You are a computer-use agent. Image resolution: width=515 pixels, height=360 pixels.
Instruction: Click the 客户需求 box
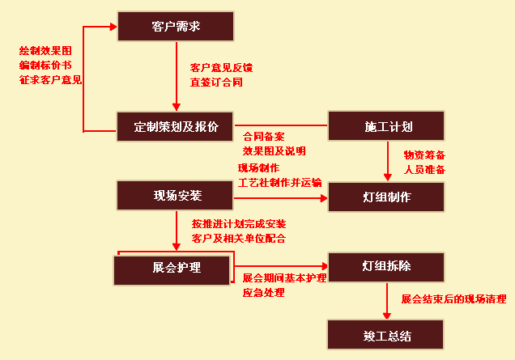click(176, 26)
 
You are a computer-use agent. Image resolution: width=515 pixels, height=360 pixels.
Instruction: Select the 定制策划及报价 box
click(175, 127)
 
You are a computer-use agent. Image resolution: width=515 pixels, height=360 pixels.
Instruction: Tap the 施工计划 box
click(386, 126)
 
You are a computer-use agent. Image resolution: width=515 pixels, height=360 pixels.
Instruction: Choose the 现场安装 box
click(175, 196)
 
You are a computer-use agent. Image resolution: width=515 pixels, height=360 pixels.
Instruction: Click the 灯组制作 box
click(386, 197)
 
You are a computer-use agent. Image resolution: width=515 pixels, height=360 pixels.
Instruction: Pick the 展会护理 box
click(172, 270)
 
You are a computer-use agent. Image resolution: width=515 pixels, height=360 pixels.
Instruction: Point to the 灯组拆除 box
click(386, 267)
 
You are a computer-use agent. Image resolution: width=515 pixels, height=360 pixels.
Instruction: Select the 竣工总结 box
click(385, 335)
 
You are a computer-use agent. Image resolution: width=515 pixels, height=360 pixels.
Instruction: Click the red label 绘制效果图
click(45, 51)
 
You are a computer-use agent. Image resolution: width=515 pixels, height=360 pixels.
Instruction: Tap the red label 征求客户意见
click(50, 80)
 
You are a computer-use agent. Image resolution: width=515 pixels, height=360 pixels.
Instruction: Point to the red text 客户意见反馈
click(221, 68)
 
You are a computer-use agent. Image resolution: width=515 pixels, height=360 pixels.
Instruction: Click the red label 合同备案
click(263, 137)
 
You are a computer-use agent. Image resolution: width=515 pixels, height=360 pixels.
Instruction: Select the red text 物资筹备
click(424, 155)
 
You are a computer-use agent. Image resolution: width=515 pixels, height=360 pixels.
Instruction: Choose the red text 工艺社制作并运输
click(280, 183)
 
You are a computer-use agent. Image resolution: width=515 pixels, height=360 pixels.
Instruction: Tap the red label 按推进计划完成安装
click(239, 224)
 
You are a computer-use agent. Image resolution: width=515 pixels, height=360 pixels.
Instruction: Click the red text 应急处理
click(263, 292)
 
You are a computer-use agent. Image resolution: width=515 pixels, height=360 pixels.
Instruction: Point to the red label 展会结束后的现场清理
click(454, 299)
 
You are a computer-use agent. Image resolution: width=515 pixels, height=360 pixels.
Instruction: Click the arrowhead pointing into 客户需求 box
click(113, 27)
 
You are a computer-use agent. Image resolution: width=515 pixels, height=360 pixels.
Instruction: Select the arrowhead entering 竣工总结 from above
click(387, 316)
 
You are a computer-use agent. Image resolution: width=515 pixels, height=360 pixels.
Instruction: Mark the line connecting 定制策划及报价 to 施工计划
click(281, 125)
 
